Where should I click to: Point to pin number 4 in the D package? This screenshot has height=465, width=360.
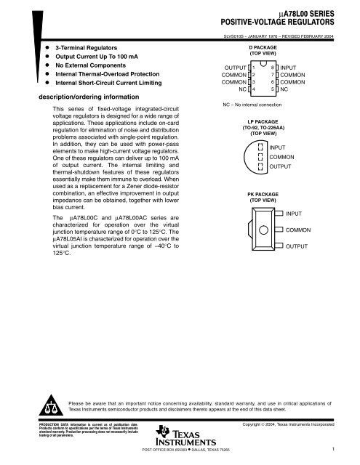click(x=253, y=89)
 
